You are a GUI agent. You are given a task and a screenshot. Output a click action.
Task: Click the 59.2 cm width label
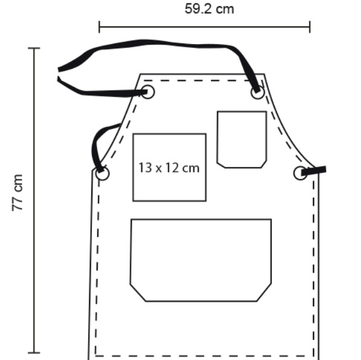pyautogui.click(x=209, y=9)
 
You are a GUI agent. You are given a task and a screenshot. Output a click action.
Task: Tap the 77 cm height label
pyautogui.click(x=18, y=193)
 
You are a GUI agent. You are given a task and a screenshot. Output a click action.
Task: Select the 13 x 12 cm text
pyautogui.click(x=169, y=168)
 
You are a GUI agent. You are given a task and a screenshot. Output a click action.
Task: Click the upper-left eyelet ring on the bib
pyautogui.click(x=147, y=91)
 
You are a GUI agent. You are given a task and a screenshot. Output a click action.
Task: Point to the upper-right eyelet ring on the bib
pyautogui.click(x=258, y=92)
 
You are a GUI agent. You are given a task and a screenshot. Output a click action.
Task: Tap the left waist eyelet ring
pyautogui.click(x=102, y=174)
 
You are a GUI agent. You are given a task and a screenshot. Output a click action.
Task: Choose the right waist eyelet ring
pyautogui.click(x=300, y=173)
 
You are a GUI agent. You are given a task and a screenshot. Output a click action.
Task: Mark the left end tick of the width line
pyautogui.click(x=99, y=27)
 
